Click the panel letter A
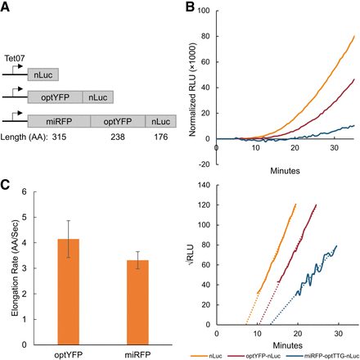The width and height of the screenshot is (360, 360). [x=5, y=7]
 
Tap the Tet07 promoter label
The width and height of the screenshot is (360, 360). [x=15, y=58]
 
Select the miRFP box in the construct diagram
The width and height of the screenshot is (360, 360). [x=59, y=121]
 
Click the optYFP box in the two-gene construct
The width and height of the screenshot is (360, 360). [x=55, y=97]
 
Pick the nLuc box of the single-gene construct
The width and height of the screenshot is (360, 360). [x=43, y=74]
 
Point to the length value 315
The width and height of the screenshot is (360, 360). [x=59, y=137]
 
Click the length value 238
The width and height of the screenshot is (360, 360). [x=118, y=137]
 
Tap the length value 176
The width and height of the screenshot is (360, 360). [x=161, y=137]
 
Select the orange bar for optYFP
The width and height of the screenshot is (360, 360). [x=69, y=292]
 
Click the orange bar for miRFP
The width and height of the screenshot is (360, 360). [x=137, y=303]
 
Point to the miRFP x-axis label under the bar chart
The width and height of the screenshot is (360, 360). [x=137, y=355]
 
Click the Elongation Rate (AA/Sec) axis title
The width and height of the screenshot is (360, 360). [x=15, y=268]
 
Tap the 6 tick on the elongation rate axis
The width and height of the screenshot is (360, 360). [x=25, y=191]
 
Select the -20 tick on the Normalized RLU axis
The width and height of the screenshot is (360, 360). [x=203, y=164]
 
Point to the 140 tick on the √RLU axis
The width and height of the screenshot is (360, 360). [x=205, y=185]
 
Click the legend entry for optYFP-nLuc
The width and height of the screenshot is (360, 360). [x=254, y=356]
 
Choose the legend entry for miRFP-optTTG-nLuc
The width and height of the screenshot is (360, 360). [x=322, y=356]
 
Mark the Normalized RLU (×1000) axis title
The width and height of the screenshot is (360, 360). [x=192, y=89]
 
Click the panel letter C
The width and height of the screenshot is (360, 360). [x=5, y=185]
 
